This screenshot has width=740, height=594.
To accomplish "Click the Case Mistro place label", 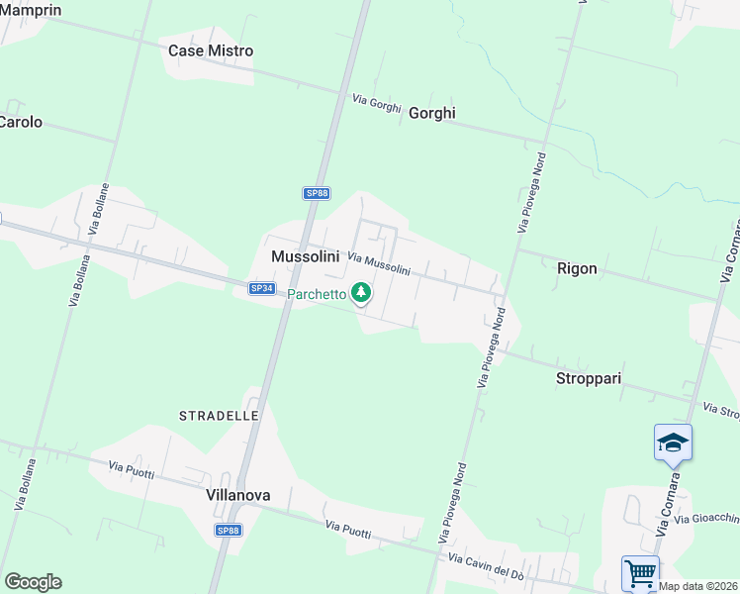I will point(211,50).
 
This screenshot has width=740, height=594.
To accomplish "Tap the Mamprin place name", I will point(30,10).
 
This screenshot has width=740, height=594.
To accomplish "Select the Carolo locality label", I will point(21,122).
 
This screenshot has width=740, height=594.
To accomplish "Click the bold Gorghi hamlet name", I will point(432,113).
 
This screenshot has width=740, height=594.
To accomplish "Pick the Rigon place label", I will point(577,267).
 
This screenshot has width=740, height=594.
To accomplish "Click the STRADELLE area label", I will point(219,416).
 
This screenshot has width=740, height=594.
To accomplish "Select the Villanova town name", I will point(238,494).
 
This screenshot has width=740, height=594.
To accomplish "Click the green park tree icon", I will point(362,292).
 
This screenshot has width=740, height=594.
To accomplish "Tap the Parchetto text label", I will point(317,294).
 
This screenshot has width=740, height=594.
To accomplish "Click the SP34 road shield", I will point(261,288).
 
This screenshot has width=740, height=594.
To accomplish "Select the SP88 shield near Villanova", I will point(229,531).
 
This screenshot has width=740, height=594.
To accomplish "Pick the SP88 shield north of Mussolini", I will point(317,193).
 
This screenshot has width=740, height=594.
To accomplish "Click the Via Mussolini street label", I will point(378,262).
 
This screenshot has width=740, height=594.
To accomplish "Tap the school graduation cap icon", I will point(673,442).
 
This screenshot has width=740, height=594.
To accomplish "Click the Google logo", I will point(33,581).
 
